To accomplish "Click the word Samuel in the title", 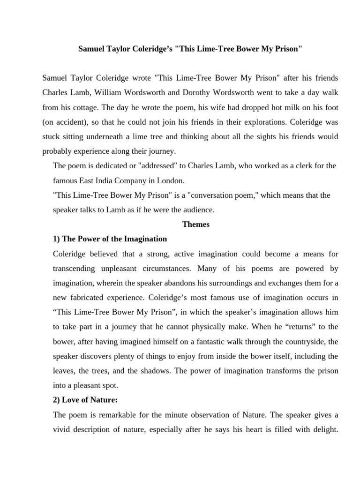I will (92, 50).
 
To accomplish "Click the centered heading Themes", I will (196, 224).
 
